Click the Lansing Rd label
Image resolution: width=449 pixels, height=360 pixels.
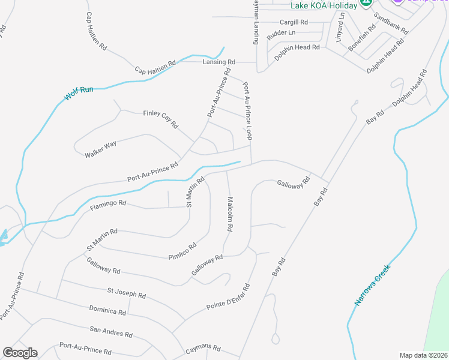click(218, 62)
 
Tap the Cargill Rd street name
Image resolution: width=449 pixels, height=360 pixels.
click(295, 22)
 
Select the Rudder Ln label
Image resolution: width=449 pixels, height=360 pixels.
click(281, 32)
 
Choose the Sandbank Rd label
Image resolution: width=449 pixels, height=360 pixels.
click(391, 23)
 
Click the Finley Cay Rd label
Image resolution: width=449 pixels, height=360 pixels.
click(160, 119)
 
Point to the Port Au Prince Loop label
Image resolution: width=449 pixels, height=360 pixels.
click(247, 110)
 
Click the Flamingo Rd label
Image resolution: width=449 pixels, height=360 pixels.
click(108, 206)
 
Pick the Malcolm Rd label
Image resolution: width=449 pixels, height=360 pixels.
click(229, 215)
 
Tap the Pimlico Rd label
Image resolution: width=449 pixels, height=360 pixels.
click(184, 251)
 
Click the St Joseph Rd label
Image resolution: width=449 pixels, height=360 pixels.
click(127, 293)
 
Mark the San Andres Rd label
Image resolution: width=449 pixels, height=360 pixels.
click(110, 332)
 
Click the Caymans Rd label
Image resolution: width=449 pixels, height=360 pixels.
click(203, 349)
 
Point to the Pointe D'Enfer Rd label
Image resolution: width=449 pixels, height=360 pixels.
click(229, 298)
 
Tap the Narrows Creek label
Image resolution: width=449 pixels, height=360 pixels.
click(372, 285)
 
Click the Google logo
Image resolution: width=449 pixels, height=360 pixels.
click(20, 353)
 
